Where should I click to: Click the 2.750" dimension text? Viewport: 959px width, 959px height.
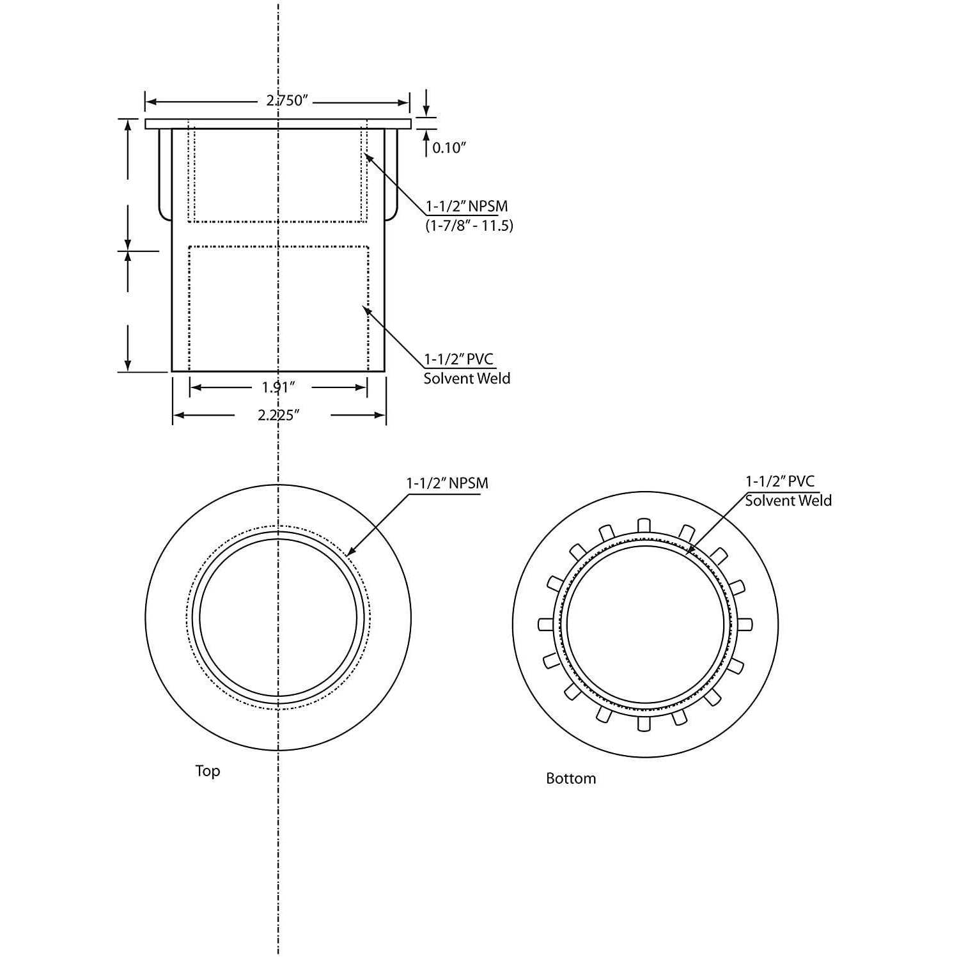(287, 101)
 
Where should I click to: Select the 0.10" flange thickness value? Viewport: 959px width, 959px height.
(449, 148)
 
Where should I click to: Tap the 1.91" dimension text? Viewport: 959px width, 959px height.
(278, 387)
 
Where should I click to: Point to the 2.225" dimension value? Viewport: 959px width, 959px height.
(279, 416)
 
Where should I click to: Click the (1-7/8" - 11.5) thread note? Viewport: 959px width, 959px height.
(469, 226)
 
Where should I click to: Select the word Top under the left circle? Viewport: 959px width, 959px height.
(208, 771)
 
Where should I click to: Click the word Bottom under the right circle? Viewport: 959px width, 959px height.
(570, 779)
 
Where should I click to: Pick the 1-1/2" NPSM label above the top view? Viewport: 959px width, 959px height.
(447, 483)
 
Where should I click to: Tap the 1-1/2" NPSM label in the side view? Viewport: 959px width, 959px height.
(467, 207)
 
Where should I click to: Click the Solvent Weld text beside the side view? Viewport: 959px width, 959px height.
(467, 378)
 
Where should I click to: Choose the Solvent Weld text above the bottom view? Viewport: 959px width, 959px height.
(788, 501)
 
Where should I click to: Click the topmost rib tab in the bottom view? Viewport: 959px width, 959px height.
(644, 525)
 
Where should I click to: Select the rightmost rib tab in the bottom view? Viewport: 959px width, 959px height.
(745, 624)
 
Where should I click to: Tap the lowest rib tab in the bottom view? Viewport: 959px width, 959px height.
(644, 723)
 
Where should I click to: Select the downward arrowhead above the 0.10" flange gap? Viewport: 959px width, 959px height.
(426, 113)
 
